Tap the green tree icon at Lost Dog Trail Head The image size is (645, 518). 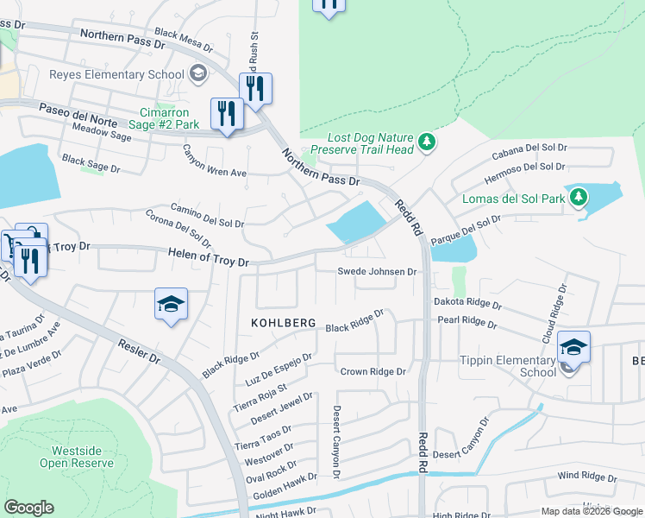tap(425, 142)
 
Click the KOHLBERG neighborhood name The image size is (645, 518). tap(284, 323)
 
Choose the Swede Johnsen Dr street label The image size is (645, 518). tap(376, 271)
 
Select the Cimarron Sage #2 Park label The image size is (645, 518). tap(170, 118)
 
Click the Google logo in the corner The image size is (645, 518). tap(28, 508)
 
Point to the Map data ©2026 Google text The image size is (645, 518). tap(591, 511)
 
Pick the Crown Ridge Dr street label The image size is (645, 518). tap(373, 371)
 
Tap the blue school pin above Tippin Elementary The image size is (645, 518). tap(573, 347)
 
